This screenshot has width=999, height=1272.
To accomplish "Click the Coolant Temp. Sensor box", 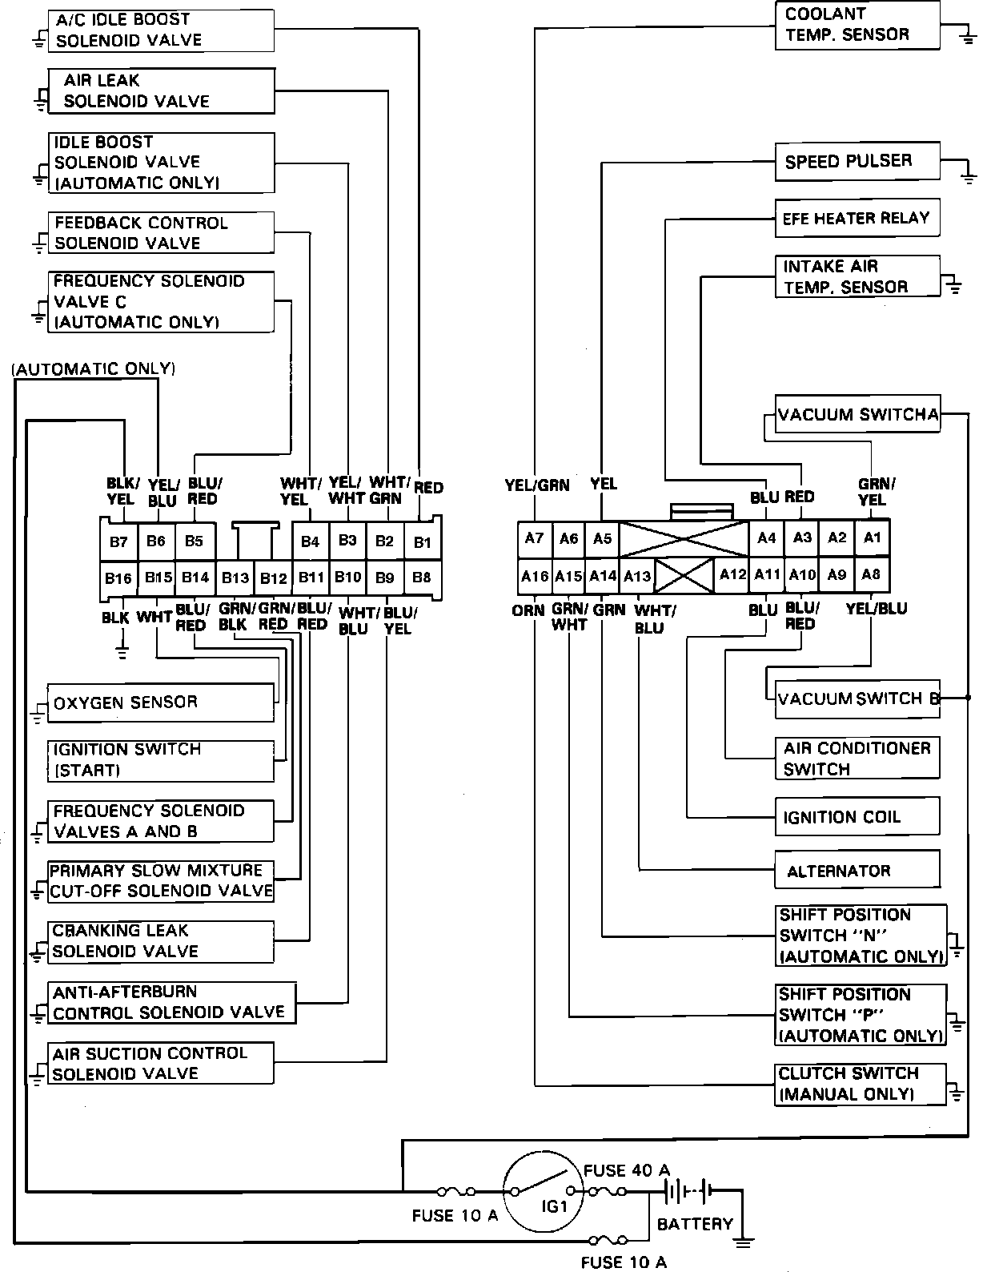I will click(x=857, y=26).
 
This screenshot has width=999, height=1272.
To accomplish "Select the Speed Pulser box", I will click(x=857, y=162).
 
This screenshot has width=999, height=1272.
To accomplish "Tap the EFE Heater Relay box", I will click(x=857, y=218).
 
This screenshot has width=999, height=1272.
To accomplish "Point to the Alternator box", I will click(x=857, y=870).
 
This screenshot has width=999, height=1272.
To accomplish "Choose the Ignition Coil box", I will click(x=857, y=817).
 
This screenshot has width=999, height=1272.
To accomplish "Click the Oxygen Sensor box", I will click(x=160, y=702).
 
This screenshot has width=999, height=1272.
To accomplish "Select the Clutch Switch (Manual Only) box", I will click(x=860, y=1084).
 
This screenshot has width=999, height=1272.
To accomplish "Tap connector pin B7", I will click(x=118, y=542).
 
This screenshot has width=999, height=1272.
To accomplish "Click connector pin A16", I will click(x=535, y=576).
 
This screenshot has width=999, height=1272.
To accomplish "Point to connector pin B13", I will click(x=235, y=578).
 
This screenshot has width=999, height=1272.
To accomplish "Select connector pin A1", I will click(x=872, y=537).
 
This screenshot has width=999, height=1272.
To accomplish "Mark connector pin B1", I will click(x=423, y=542).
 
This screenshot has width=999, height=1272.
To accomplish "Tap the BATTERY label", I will click(x=695, y=1224).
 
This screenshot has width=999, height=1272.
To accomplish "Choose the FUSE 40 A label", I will click(x=626, y=1170).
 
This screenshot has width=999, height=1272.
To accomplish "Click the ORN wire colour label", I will click(x=528, y=610).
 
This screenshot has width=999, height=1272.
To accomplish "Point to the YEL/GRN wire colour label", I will click(x=536, y=485).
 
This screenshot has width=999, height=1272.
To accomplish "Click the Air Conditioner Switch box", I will click(x=857, y=758).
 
